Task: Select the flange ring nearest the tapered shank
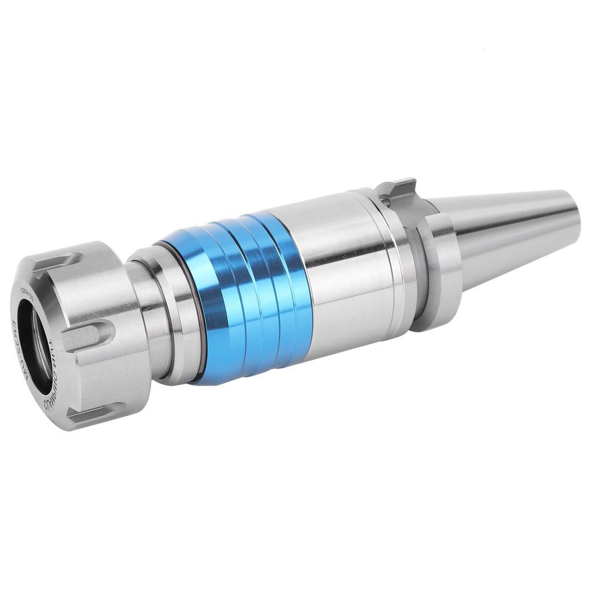point(441,271)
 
